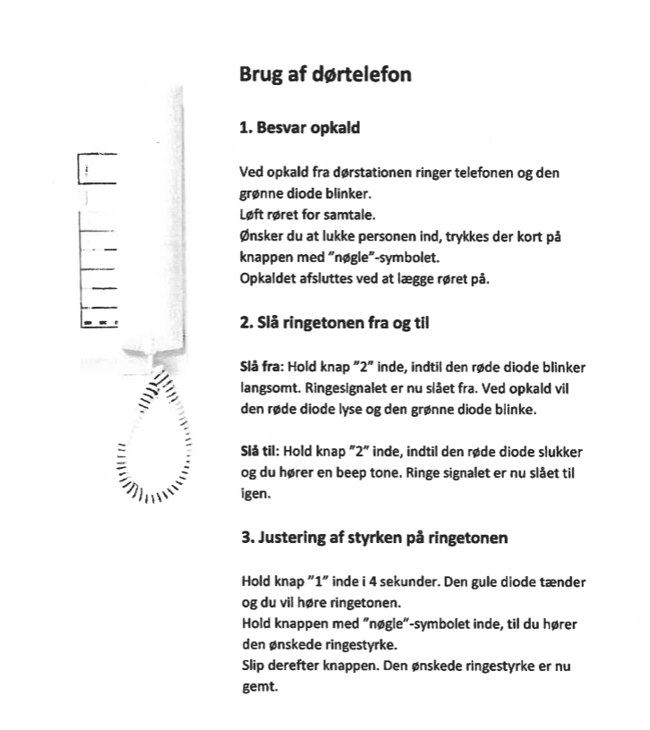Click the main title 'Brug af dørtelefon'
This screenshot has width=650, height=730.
click(x=325, y=74)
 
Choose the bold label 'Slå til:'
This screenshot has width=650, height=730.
click(x=260, y=452)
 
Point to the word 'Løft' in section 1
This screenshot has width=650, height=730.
click(x=252, y=215)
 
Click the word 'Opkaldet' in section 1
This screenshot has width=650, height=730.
click(x=268, y=278)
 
